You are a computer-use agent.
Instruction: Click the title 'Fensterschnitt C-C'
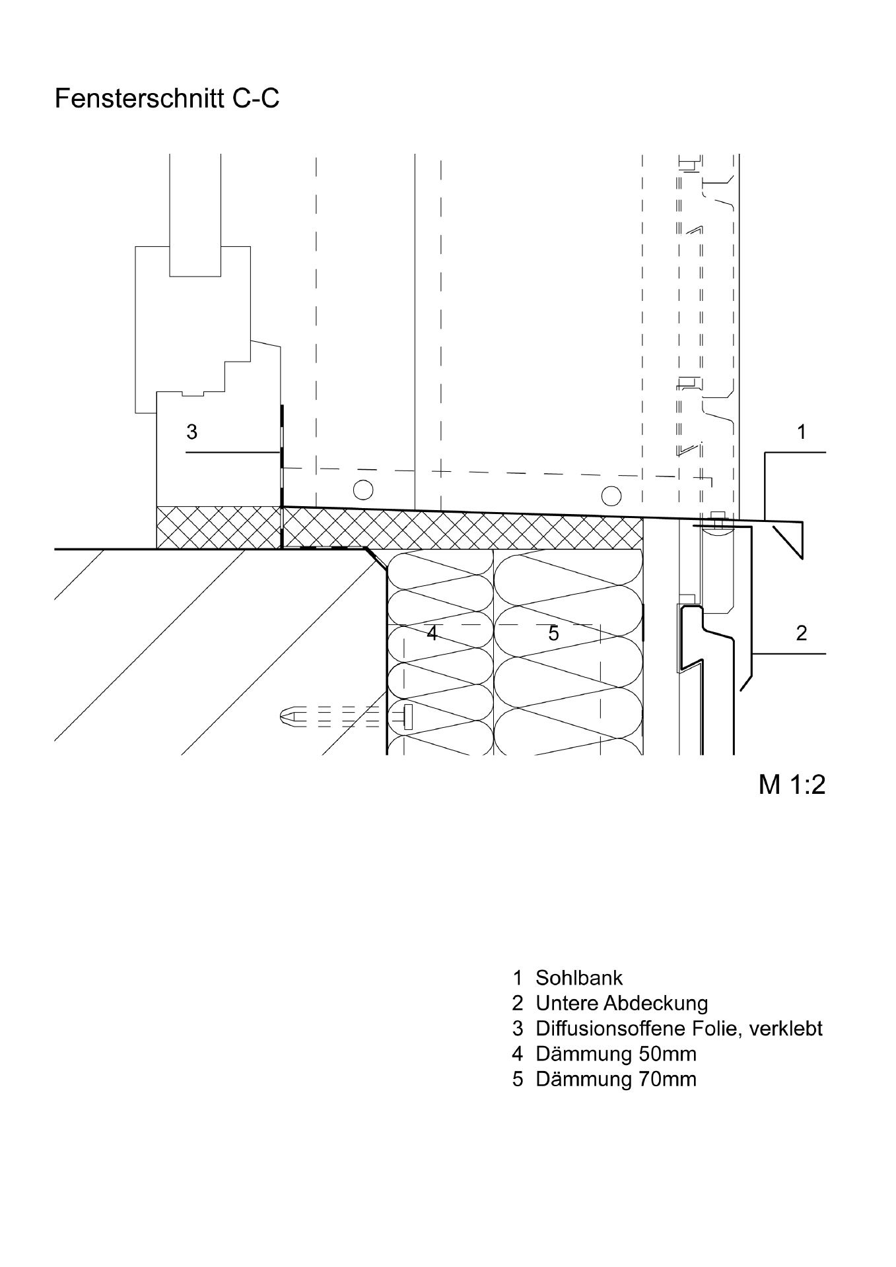(x=167, y=98)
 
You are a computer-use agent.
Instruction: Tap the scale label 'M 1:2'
(x=792, y=785)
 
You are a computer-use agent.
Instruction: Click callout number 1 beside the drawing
(x=802, y=432)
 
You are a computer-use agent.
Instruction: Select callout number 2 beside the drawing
(x=802, y=633)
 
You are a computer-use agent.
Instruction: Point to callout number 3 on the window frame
(x=191, y=432)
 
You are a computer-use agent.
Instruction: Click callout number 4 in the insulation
(x=432, y=633)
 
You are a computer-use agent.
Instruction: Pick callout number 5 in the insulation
(x=553, y=633)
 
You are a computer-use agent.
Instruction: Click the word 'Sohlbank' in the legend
(x=579, y=977)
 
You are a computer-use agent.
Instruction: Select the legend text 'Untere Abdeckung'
(x=621, y=1003)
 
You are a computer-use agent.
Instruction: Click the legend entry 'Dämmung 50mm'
(x=615, y=1054)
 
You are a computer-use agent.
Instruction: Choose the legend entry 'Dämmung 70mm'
(x=615, y=1079)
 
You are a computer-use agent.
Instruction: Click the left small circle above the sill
(x=362, y=490)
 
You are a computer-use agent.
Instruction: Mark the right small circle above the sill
(x=611, y=495)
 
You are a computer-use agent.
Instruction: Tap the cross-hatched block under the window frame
(x=219, y=527)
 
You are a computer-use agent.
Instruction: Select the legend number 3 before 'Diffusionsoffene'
(x=518, y=1028)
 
